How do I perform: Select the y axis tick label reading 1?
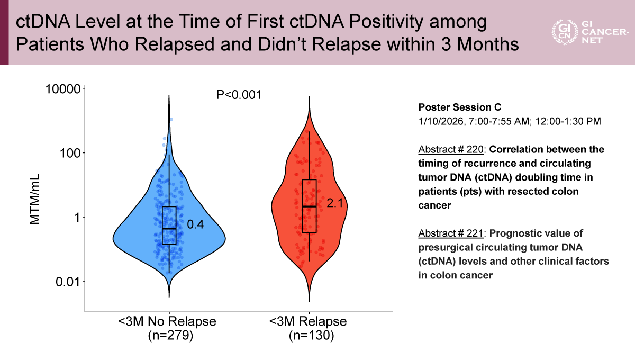click(76, 218)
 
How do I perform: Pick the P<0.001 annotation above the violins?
click(239, 95)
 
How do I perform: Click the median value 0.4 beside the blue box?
click(196, 224)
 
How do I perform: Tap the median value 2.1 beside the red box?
click(335, 202)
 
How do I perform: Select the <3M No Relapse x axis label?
click(167, 322)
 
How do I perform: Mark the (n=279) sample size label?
click(168, 335)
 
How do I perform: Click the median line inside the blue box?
click(169, 229)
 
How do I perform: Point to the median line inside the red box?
click(309, 206)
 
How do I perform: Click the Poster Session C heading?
click(456, 107)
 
